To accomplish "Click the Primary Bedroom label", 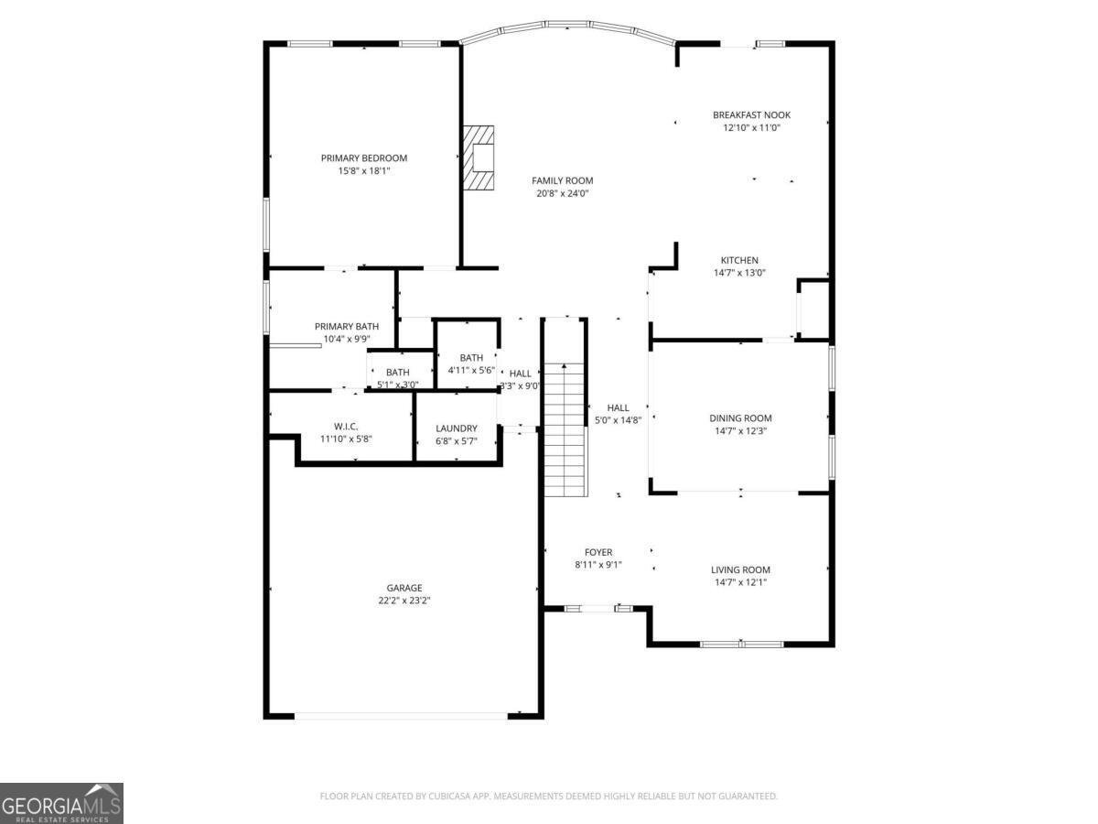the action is pos(363,158).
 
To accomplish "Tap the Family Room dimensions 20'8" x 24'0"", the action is pos(562,193).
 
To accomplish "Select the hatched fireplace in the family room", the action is pos(479,157).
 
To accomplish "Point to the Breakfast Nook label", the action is pos(751,115).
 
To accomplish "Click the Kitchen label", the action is pos(739,260).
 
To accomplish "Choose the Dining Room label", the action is pos(740,418).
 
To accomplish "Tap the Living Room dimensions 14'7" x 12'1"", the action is pos(740,582).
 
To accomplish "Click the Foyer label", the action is pos(598,552).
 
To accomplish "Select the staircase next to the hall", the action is pos(565,429).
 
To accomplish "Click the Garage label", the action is pos(404,588).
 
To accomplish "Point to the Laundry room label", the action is pos(457,428).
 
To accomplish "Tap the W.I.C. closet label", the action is pos(346,427).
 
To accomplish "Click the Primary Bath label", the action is pos(347,326).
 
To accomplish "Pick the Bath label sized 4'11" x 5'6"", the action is pos(471,358).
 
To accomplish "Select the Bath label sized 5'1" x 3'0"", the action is pos(398,373).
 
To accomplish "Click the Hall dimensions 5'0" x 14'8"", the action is pos(618,420).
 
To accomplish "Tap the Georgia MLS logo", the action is pos(61,804).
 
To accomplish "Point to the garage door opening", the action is pos(401,717).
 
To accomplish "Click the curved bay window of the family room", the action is pos(568,25).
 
